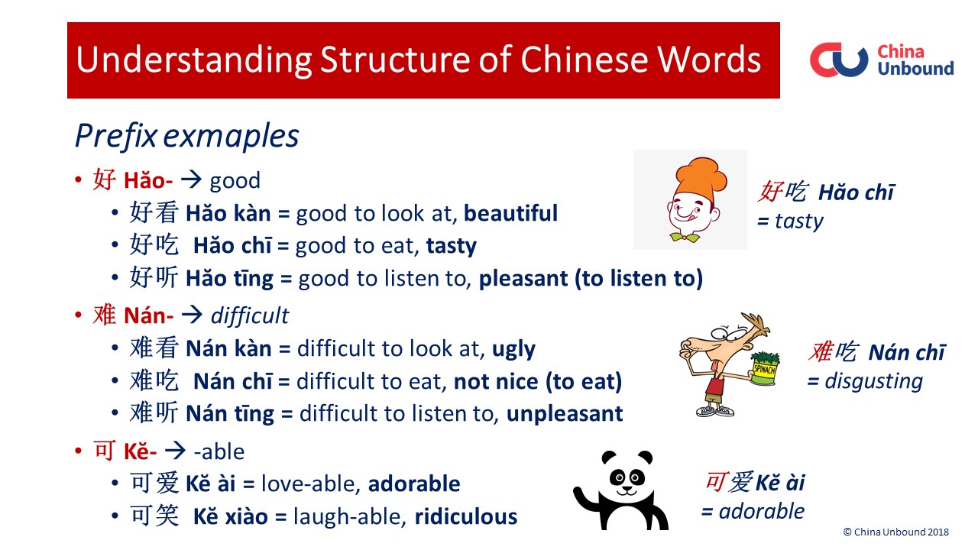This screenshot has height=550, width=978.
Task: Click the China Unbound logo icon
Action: tap(839, 60)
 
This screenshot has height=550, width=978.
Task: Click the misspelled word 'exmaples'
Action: tap(231, 136)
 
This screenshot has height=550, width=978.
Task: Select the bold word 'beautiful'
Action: tap(510, 213)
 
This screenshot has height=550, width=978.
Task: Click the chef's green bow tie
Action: tap(685, 238)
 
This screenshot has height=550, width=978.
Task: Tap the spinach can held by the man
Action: tap(765, 369)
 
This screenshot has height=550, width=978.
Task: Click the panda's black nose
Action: tap(627, 488)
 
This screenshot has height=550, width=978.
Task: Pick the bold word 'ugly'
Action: tap(513, 349)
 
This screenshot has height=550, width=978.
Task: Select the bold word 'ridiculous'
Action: tap(465, 517)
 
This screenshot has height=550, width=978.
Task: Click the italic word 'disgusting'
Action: tap(873, 381)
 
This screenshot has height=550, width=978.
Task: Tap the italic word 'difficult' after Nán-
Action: tap(250, 315)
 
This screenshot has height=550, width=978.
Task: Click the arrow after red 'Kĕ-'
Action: tap(175, 451)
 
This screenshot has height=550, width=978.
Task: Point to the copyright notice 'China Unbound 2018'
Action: tap(896, 532)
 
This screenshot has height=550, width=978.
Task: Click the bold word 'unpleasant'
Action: tap(565, 414)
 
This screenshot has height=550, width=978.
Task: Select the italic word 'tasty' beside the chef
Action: tap(798, 222)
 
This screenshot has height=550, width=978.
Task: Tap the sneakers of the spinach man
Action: tap(714, 411)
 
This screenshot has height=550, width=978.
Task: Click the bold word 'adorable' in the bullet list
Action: tap(414, 484)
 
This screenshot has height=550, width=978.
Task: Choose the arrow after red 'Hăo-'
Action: tap(191, 180)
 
